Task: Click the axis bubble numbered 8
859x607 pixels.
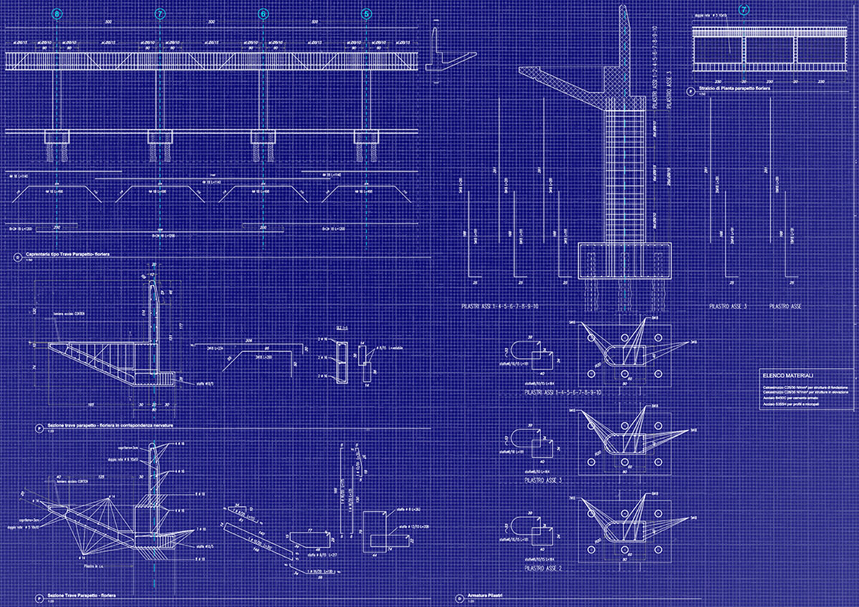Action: (57, 14)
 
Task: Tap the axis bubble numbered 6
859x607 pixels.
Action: (263, 14)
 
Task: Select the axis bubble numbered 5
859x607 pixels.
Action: (367, 14)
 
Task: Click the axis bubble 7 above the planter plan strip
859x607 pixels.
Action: (744, 10)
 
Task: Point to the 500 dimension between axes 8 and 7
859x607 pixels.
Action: (108, 23)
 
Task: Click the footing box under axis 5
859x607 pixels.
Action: (367, 137)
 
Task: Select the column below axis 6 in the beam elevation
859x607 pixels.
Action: (263, 100)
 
